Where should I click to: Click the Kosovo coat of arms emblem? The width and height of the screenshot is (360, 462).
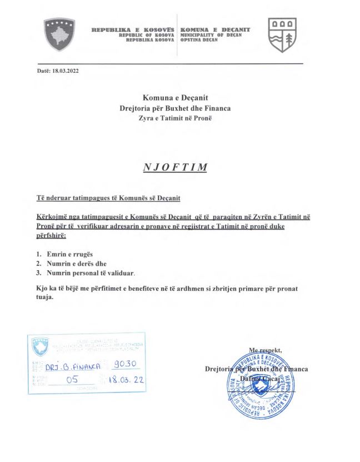point(59,32)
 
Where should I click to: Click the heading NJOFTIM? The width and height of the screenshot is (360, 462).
point(175,167)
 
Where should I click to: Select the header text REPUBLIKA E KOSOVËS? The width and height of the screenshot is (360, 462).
point(133,29)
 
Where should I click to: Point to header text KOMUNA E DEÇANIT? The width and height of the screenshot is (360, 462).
point(216,29)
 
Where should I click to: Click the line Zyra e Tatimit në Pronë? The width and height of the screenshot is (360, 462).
point(175,118)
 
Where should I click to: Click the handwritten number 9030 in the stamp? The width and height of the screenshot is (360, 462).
point(128,365)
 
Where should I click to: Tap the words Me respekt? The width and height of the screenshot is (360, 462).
point(266,350)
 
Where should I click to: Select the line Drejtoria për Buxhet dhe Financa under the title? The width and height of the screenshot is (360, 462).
point(175,108)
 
